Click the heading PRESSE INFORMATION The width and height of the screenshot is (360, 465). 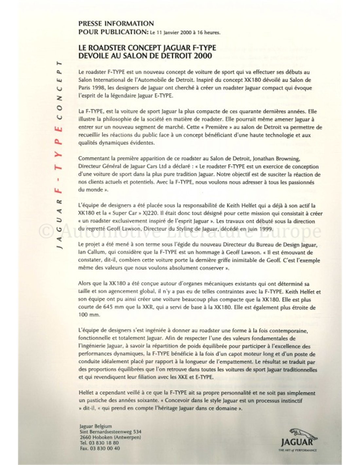pos(116,24)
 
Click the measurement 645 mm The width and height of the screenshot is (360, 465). pos(115,307)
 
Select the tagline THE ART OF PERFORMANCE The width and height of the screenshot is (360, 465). pos(297,451)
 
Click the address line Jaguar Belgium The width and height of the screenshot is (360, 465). pos(96,426)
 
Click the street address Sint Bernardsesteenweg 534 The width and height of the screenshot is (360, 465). pos(111,432)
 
